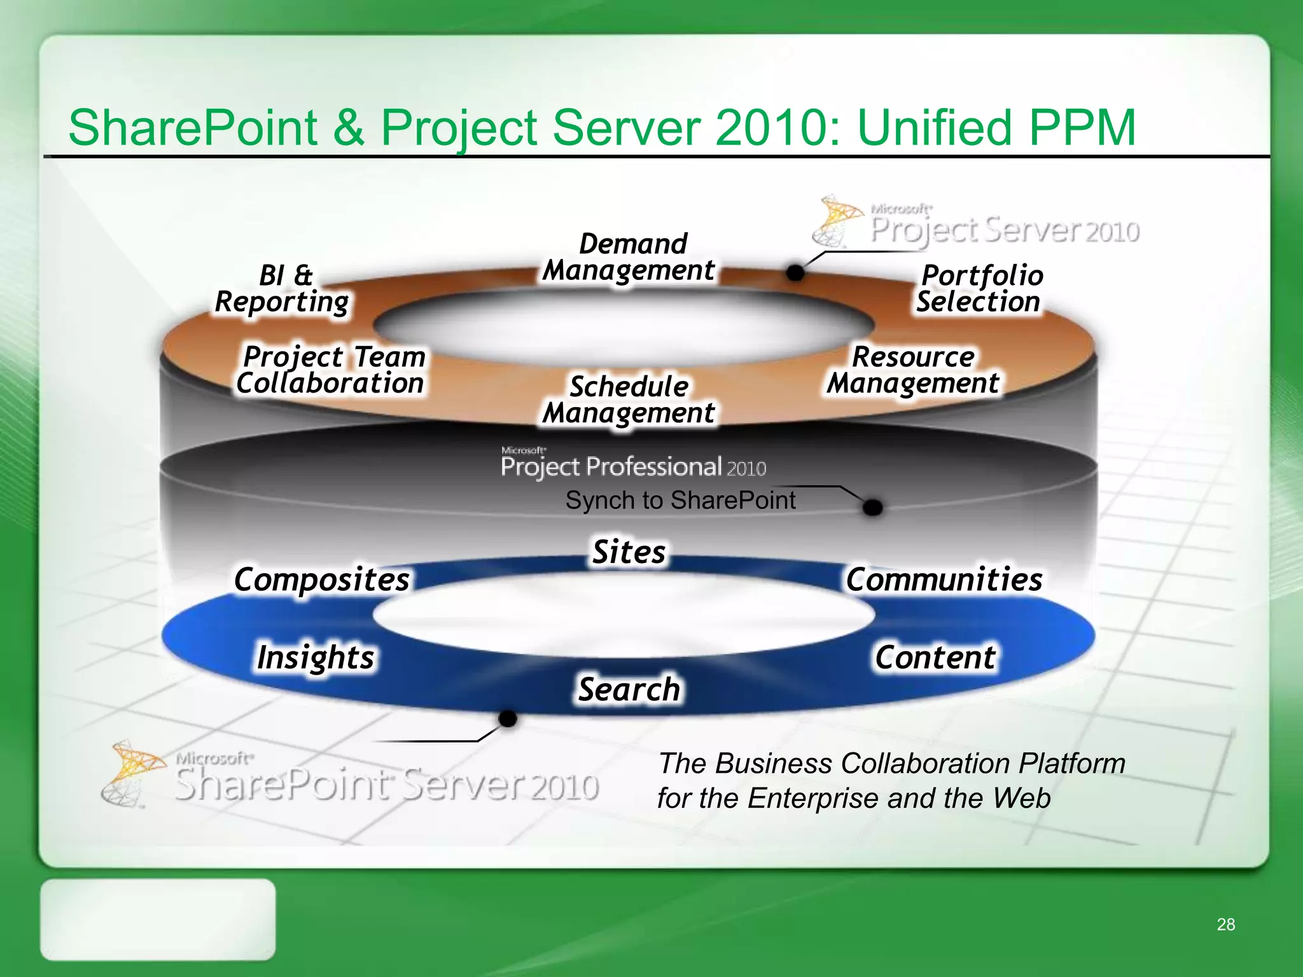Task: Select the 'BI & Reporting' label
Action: [282, 289]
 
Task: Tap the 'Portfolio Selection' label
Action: [980, 289]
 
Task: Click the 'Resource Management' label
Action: [913, 370]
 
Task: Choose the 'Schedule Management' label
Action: [629, 399]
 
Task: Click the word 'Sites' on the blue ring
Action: [629, 551]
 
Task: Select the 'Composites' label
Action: [322, 579]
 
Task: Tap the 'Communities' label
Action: [944, 579]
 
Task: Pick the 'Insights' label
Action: [316, 657]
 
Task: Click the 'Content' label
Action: [935, 657]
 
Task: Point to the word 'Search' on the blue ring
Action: [629, 689]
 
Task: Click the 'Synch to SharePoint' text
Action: [680, 501]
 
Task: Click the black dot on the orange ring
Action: [795, 273]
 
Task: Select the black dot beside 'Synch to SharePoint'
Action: [873, 508]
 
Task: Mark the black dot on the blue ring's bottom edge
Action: [508, 719]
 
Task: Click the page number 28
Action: [1225, 924]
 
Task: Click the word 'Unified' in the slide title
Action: [934, 127]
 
